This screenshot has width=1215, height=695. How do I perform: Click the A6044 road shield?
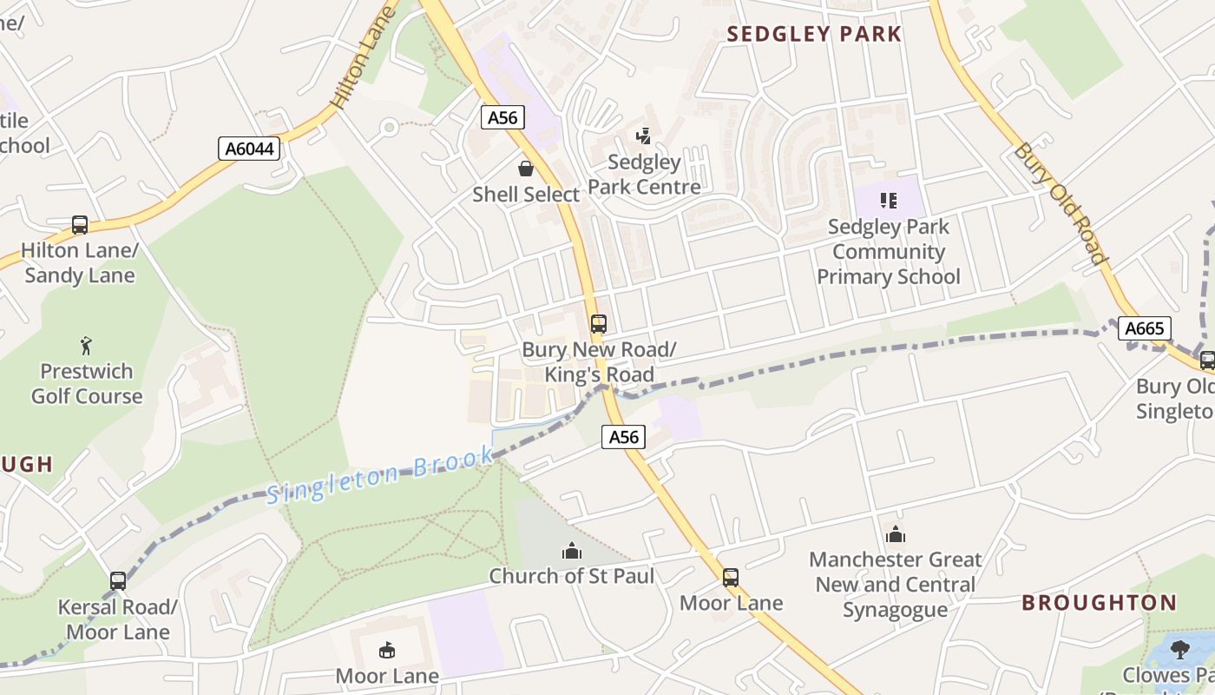(x=249, y=149)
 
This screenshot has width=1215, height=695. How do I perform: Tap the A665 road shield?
(x=1144, y=328)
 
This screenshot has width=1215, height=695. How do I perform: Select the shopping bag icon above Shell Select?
(x=526, y=169)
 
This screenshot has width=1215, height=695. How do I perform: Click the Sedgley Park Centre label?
(x=644, y=175)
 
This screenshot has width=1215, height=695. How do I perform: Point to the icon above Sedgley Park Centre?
(x=643, y=136)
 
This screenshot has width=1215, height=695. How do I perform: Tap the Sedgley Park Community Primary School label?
(x=889, y=252)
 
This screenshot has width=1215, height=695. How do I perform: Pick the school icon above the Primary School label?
(x=888, y=201)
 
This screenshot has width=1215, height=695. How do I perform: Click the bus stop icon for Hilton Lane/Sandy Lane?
(x=80, y=225)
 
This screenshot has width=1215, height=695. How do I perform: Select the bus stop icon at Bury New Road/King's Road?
(x=598, y=324)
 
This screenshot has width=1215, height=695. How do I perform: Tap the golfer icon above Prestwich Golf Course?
(x=86, y=346)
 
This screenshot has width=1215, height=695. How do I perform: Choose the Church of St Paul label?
(x=572, y=576)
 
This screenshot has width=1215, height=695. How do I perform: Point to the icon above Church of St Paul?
(x=571, y=551)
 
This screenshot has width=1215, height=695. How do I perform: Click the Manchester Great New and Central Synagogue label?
(x=895, y=585)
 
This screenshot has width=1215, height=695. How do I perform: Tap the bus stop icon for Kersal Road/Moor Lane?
(x=118, y=581)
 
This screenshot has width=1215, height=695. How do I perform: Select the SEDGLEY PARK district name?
(x=814, y=34)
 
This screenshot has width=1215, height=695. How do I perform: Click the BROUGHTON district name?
(x=1099, y=603)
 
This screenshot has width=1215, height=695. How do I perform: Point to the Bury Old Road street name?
(x=1061, y=203)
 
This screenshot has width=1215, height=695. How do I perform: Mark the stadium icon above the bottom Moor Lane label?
(x=387, y=650)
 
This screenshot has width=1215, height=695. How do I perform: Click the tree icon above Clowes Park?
(x=1179, y=649)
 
